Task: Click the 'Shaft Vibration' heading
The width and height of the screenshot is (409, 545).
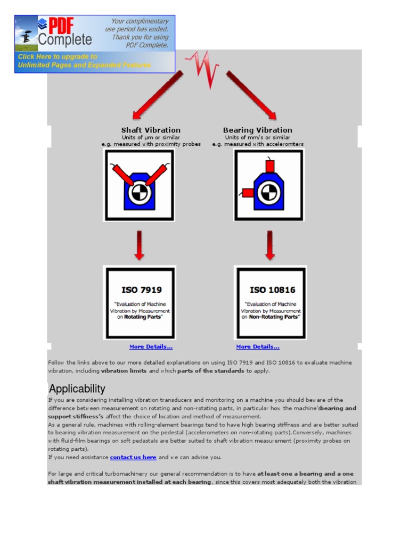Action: [151, 130]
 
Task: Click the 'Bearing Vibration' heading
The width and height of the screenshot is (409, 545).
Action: [257, 130]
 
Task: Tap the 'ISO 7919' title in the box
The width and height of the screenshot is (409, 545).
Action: [141, 290]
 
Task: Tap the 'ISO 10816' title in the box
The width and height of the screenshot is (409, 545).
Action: [272, 290]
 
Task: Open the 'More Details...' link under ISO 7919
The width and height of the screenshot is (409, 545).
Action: [151, 346]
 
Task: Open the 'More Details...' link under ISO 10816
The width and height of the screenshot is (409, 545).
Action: [258, 346]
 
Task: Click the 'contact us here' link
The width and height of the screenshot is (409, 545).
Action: [133, 457]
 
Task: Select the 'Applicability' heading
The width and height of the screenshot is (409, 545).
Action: [77, 389]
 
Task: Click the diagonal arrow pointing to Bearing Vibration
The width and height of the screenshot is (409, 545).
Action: [251, 95]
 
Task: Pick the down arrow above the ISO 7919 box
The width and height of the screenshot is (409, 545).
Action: [139, 245]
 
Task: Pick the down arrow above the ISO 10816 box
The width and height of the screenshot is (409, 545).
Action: [270, 245]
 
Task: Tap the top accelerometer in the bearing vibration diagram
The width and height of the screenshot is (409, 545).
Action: [269, 166]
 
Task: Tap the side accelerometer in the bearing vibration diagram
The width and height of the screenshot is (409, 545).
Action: [247, 192]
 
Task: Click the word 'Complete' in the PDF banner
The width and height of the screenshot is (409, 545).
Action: [65, 40]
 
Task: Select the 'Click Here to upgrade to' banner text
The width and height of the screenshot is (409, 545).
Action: [58, 56]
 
